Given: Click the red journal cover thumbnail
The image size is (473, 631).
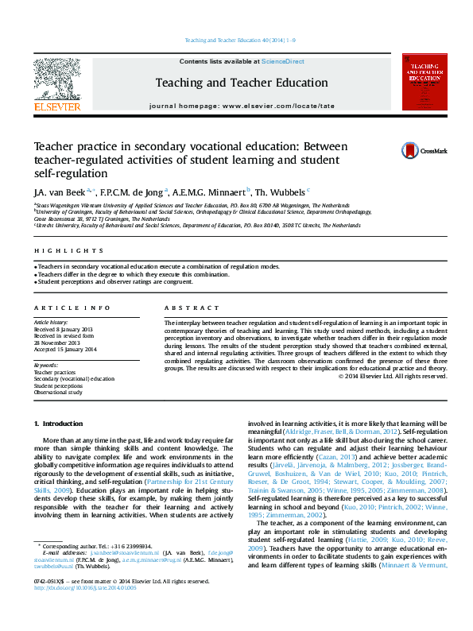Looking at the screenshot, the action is [x=424, y=82].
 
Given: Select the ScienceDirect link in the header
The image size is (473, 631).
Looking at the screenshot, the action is [x=282, y=61].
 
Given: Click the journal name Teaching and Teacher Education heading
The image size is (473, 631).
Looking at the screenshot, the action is [x=241, y=83].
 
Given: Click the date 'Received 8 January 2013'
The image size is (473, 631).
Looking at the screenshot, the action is [x=63, y=329].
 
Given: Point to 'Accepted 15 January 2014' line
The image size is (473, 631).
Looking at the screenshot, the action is [x=64, y=349].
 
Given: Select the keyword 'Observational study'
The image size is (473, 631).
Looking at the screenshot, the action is [x=58, y=392].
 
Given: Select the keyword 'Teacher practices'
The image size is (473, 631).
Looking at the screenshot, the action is [x=54, y=372].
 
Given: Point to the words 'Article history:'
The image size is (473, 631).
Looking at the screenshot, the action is [x=52, y=322].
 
